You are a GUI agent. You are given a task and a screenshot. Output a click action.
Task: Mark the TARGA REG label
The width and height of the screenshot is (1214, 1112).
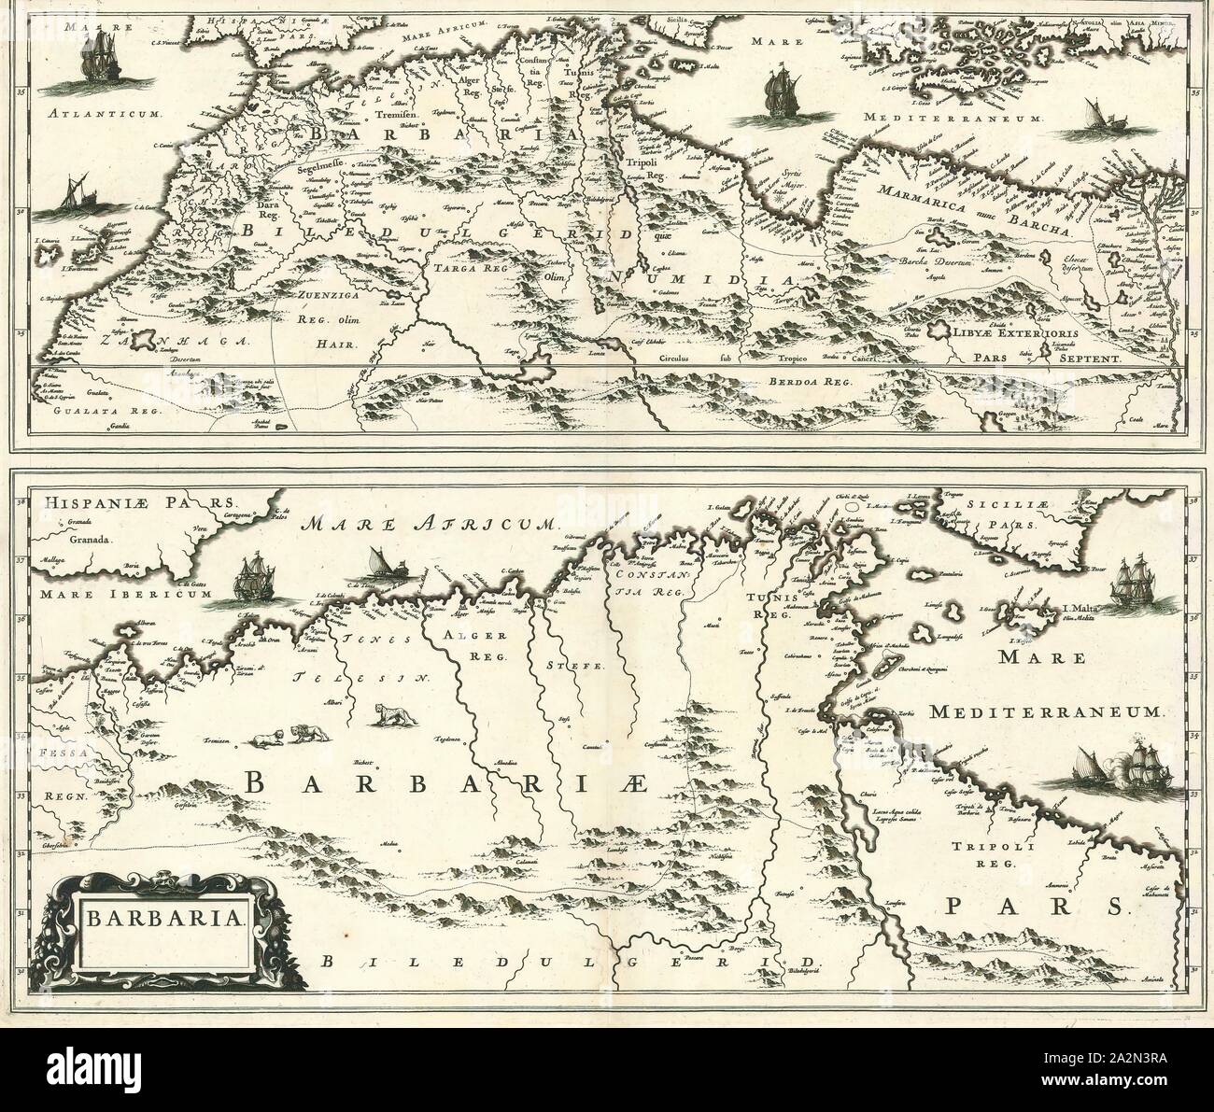coord(462,267)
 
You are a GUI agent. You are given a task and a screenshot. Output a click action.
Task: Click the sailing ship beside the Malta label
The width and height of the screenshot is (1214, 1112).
coord(1136,588)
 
